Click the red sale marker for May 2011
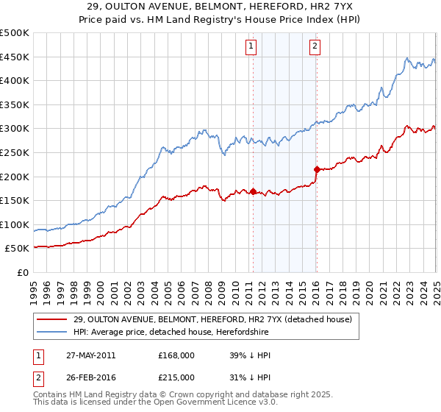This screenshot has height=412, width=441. (x=253, y=192)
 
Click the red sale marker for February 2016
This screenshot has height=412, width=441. (x=317, y=169)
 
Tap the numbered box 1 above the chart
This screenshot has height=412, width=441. (x=251, y=46)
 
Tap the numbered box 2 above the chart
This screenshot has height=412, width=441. (x=315, y=46)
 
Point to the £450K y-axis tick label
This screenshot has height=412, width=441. (x=15, y=57)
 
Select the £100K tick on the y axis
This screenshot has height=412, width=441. (x=15, y=224)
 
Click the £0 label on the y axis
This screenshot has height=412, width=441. (x=22, y=272)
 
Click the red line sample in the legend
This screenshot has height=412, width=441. (x=51, y=320)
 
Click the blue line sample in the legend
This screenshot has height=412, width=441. (x=51, y=333)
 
